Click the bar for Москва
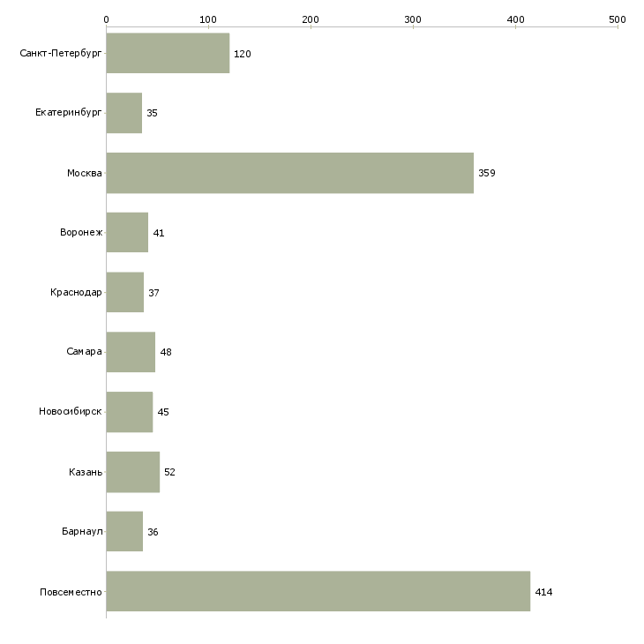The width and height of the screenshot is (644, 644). point(290,173)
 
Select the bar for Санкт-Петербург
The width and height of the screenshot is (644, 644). point(168,53)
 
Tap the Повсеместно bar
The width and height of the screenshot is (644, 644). point(318,591)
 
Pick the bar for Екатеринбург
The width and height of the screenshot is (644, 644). point(124,113)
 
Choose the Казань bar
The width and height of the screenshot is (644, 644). point(133,472)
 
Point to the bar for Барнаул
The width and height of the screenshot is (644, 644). point(124,531)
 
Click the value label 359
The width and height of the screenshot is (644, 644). point(487,173)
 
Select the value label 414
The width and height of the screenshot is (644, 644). point(543,592)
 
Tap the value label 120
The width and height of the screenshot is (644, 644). point(243,54)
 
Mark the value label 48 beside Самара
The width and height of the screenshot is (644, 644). point(166,352)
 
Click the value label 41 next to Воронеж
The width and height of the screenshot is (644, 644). point(159,233)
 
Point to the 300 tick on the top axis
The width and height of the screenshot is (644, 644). point(413,19)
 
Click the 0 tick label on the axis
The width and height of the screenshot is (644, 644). point(107,19)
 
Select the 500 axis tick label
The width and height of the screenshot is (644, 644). point(618,19)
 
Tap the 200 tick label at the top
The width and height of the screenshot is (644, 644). point(311,19)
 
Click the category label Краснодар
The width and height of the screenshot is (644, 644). point(76,292)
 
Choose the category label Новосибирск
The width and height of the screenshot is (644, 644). point(71,411)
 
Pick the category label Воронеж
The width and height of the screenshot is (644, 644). point(81,232)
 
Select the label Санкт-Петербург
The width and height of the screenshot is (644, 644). point(61,53)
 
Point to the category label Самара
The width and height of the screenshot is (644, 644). point(84,351)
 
